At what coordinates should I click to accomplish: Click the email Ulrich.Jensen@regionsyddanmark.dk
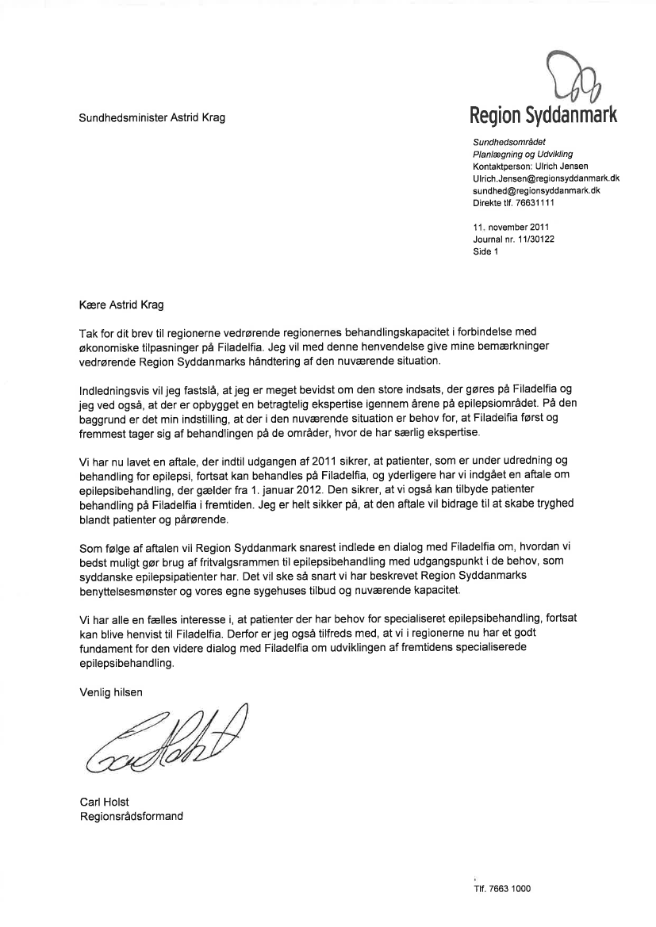pos(546,179)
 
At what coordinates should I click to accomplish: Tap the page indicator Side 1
pos(485,253)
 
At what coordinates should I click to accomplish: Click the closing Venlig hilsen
pos(111,691)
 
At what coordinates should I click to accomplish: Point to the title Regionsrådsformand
pos(131,814)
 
